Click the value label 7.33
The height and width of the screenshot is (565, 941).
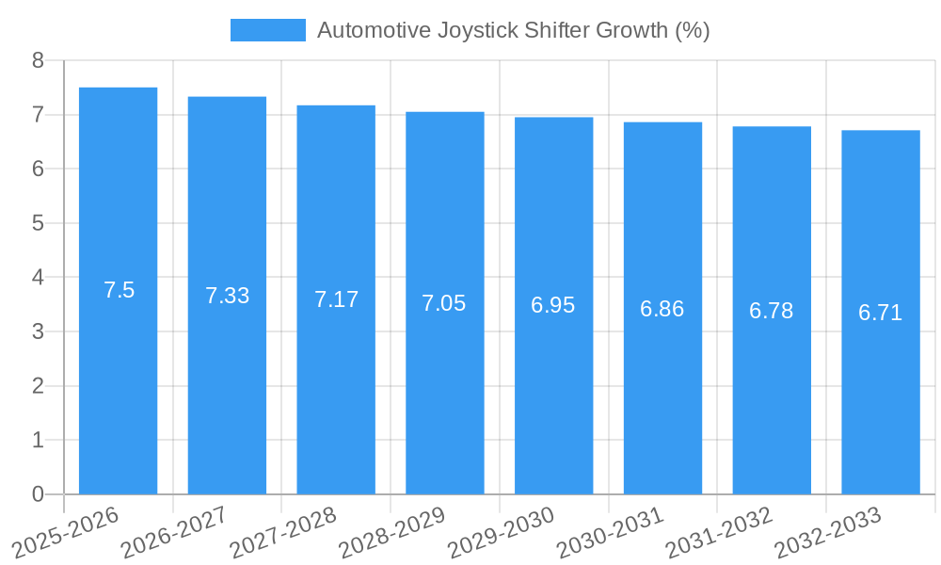(x=228, y=295)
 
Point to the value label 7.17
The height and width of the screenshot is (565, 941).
(x=336, y=299)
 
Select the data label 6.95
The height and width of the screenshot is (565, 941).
(x=553, y=305)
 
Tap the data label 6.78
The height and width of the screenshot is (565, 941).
(x=772, y=311)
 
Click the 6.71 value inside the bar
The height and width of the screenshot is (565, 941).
(x=880, y=313)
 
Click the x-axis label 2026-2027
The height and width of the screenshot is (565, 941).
(x=174, y=532)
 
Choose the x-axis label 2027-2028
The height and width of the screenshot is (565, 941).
(x=282, y=532)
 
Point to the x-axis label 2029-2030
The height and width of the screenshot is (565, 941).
(x=501, y=532)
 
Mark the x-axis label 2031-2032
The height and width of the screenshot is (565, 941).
(x=718, y=532)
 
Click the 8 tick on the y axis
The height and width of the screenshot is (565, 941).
(x=38, y=60)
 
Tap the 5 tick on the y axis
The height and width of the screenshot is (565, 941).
(x=38, y=223)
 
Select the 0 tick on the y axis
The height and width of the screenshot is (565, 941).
(x=38, y=494)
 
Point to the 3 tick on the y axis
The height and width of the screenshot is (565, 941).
(x=38, y=331)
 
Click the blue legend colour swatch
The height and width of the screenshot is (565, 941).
(x=268, y=30)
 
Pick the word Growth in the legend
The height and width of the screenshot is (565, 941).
(x=632, y=30)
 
